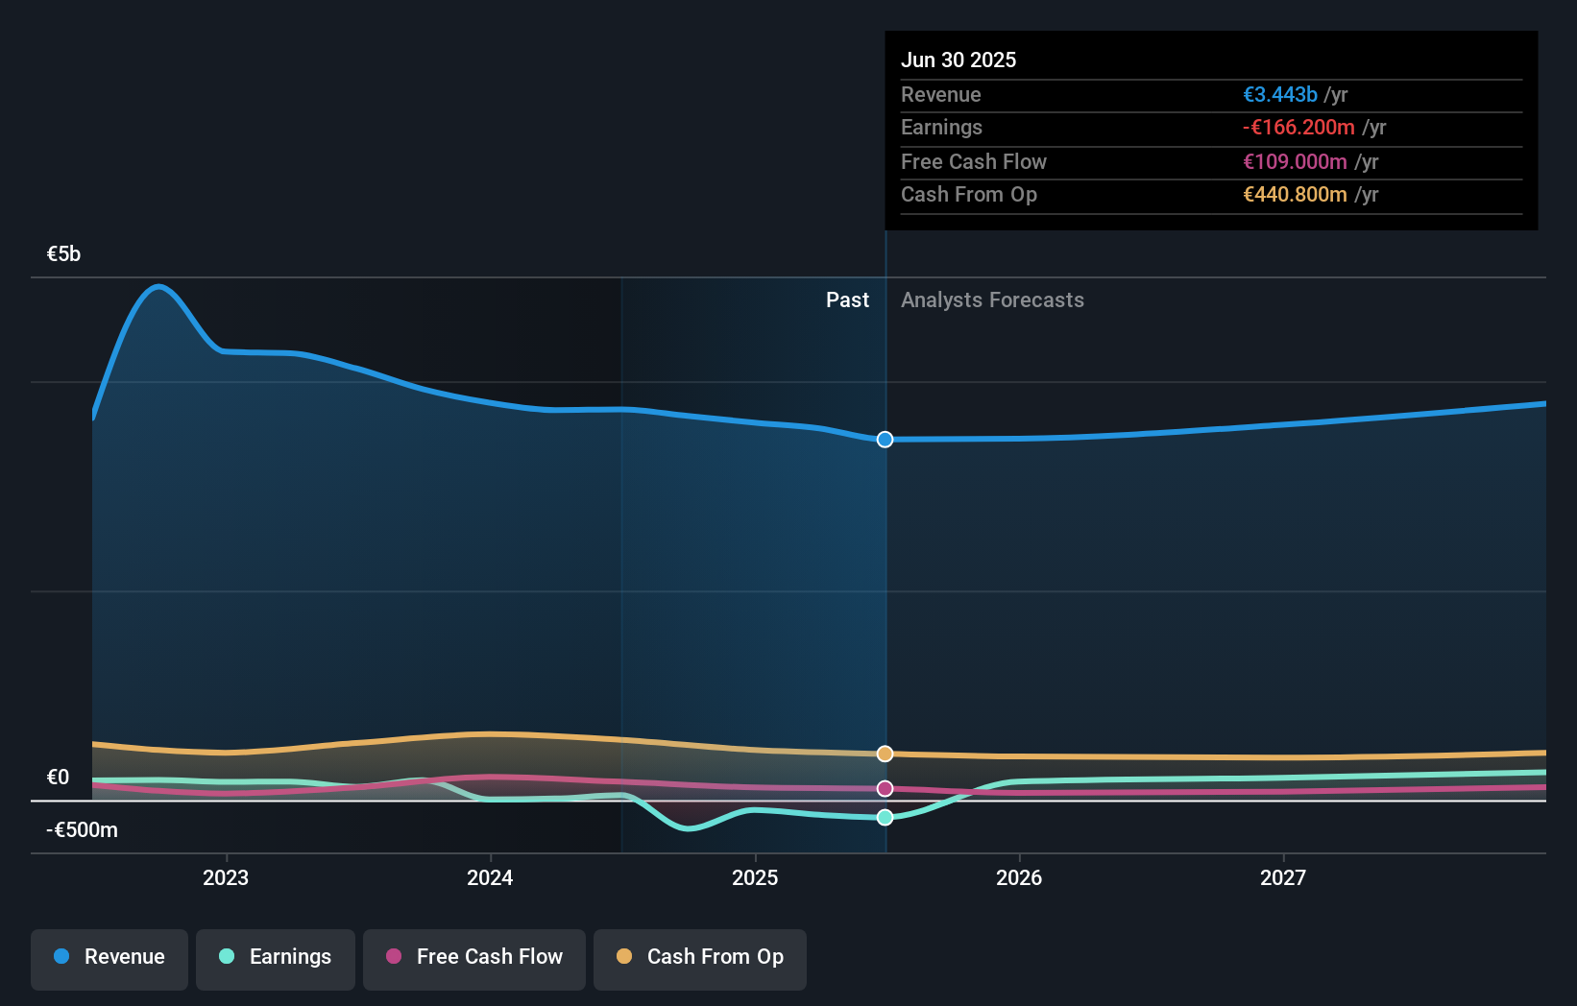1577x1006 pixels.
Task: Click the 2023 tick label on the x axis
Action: point(226,877)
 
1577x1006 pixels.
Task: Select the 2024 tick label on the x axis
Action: point(490,877)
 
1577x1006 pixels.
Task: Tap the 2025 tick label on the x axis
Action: point(755,877)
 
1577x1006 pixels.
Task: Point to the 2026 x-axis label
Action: point(1019,877)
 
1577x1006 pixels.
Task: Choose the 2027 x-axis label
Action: point(1283,877)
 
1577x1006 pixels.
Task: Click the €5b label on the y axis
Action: point(63,253)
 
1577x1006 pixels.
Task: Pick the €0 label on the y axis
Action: point(58,777)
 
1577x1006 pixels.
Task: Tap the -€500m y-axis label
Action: point(82,829)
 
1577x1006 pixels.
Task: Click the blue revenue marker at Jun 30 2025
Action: point(885,440)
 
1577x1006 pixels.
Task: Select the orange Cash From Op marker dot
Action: point(885,754)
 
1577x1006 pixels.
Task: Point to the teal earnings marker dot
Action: point(885,817)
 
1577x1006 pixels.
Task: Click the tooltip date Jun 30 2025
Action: point(958,60)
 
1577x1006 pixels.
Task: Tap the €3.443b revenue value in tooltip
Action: point(1279,94)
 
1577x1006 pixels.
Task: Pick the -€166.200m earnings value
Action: point(1298,127)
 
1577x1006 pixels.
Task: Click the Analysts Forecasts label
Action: point(992,299)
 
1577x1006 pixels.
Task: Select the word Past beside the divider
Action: point(847,299)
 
